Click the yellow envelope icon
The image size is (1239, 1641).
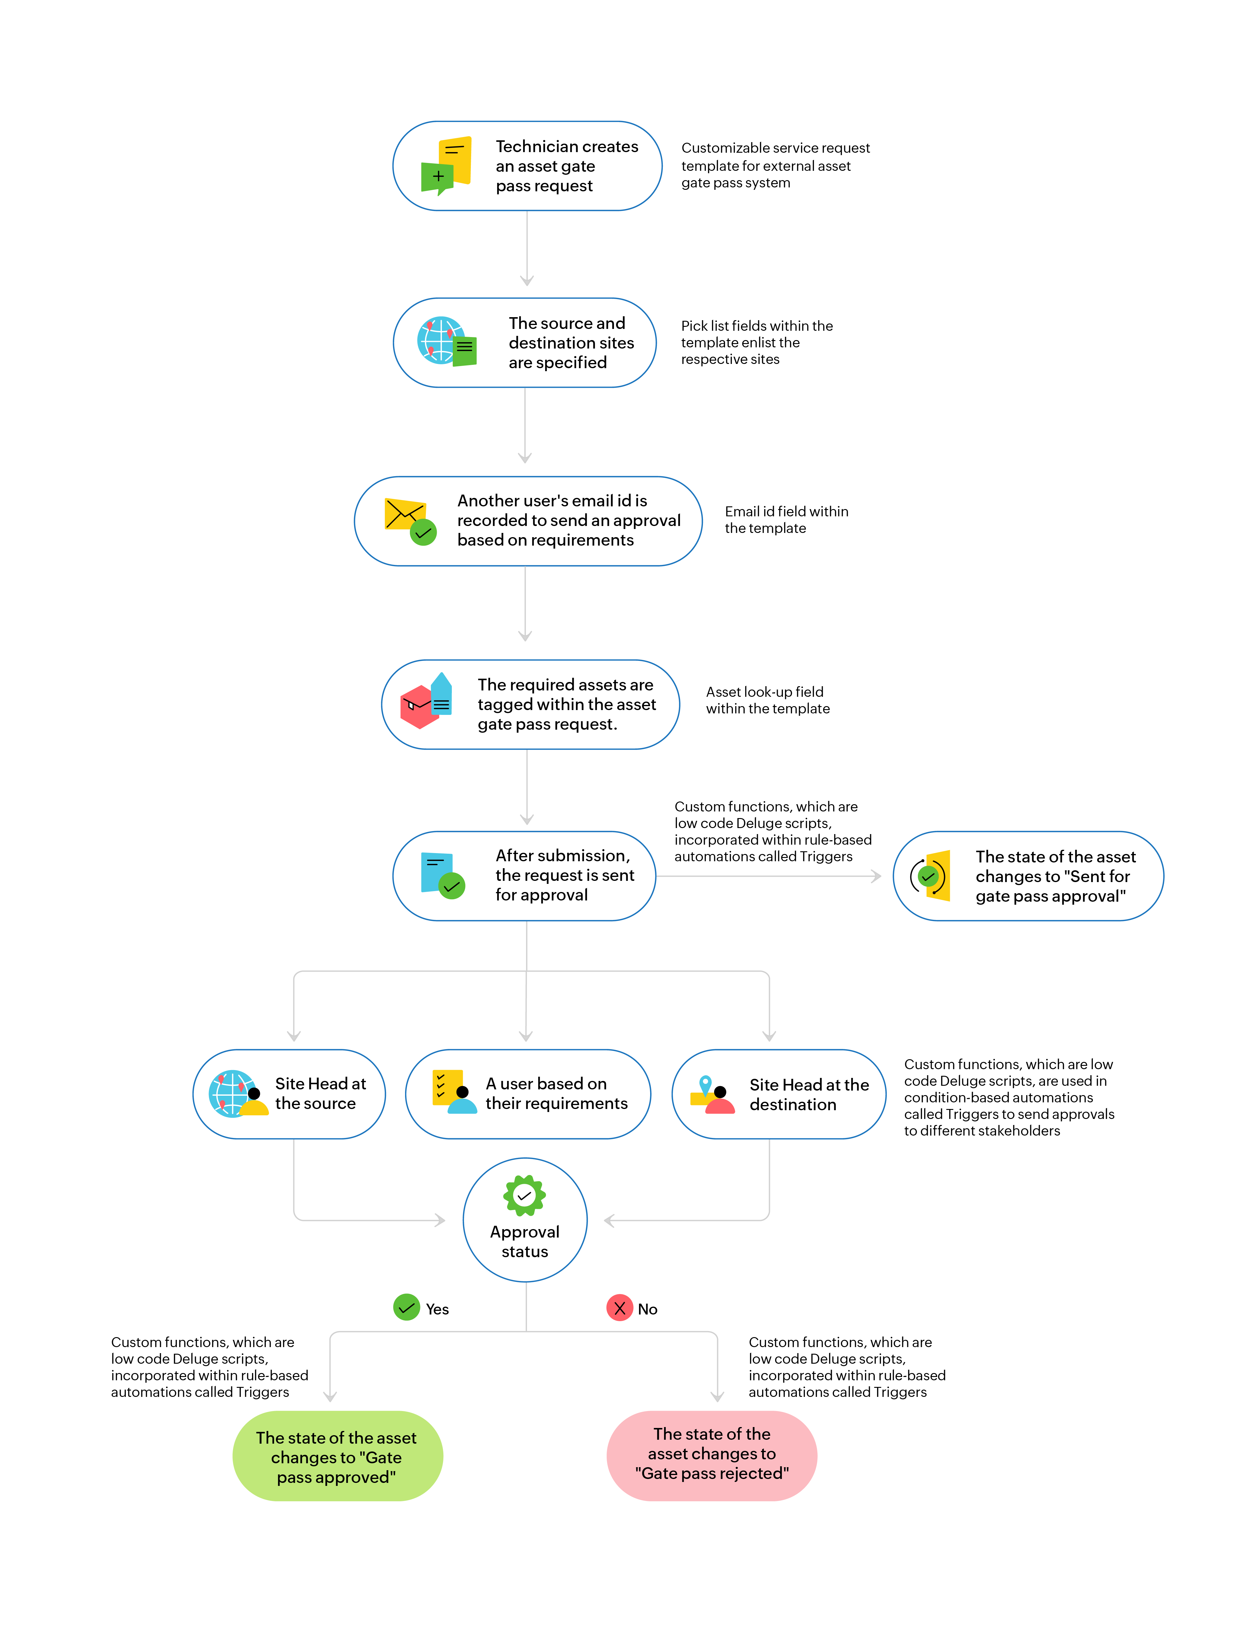tap(404, 513)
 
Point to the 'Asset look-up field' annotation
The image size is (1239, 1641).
tap(767, 699)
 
